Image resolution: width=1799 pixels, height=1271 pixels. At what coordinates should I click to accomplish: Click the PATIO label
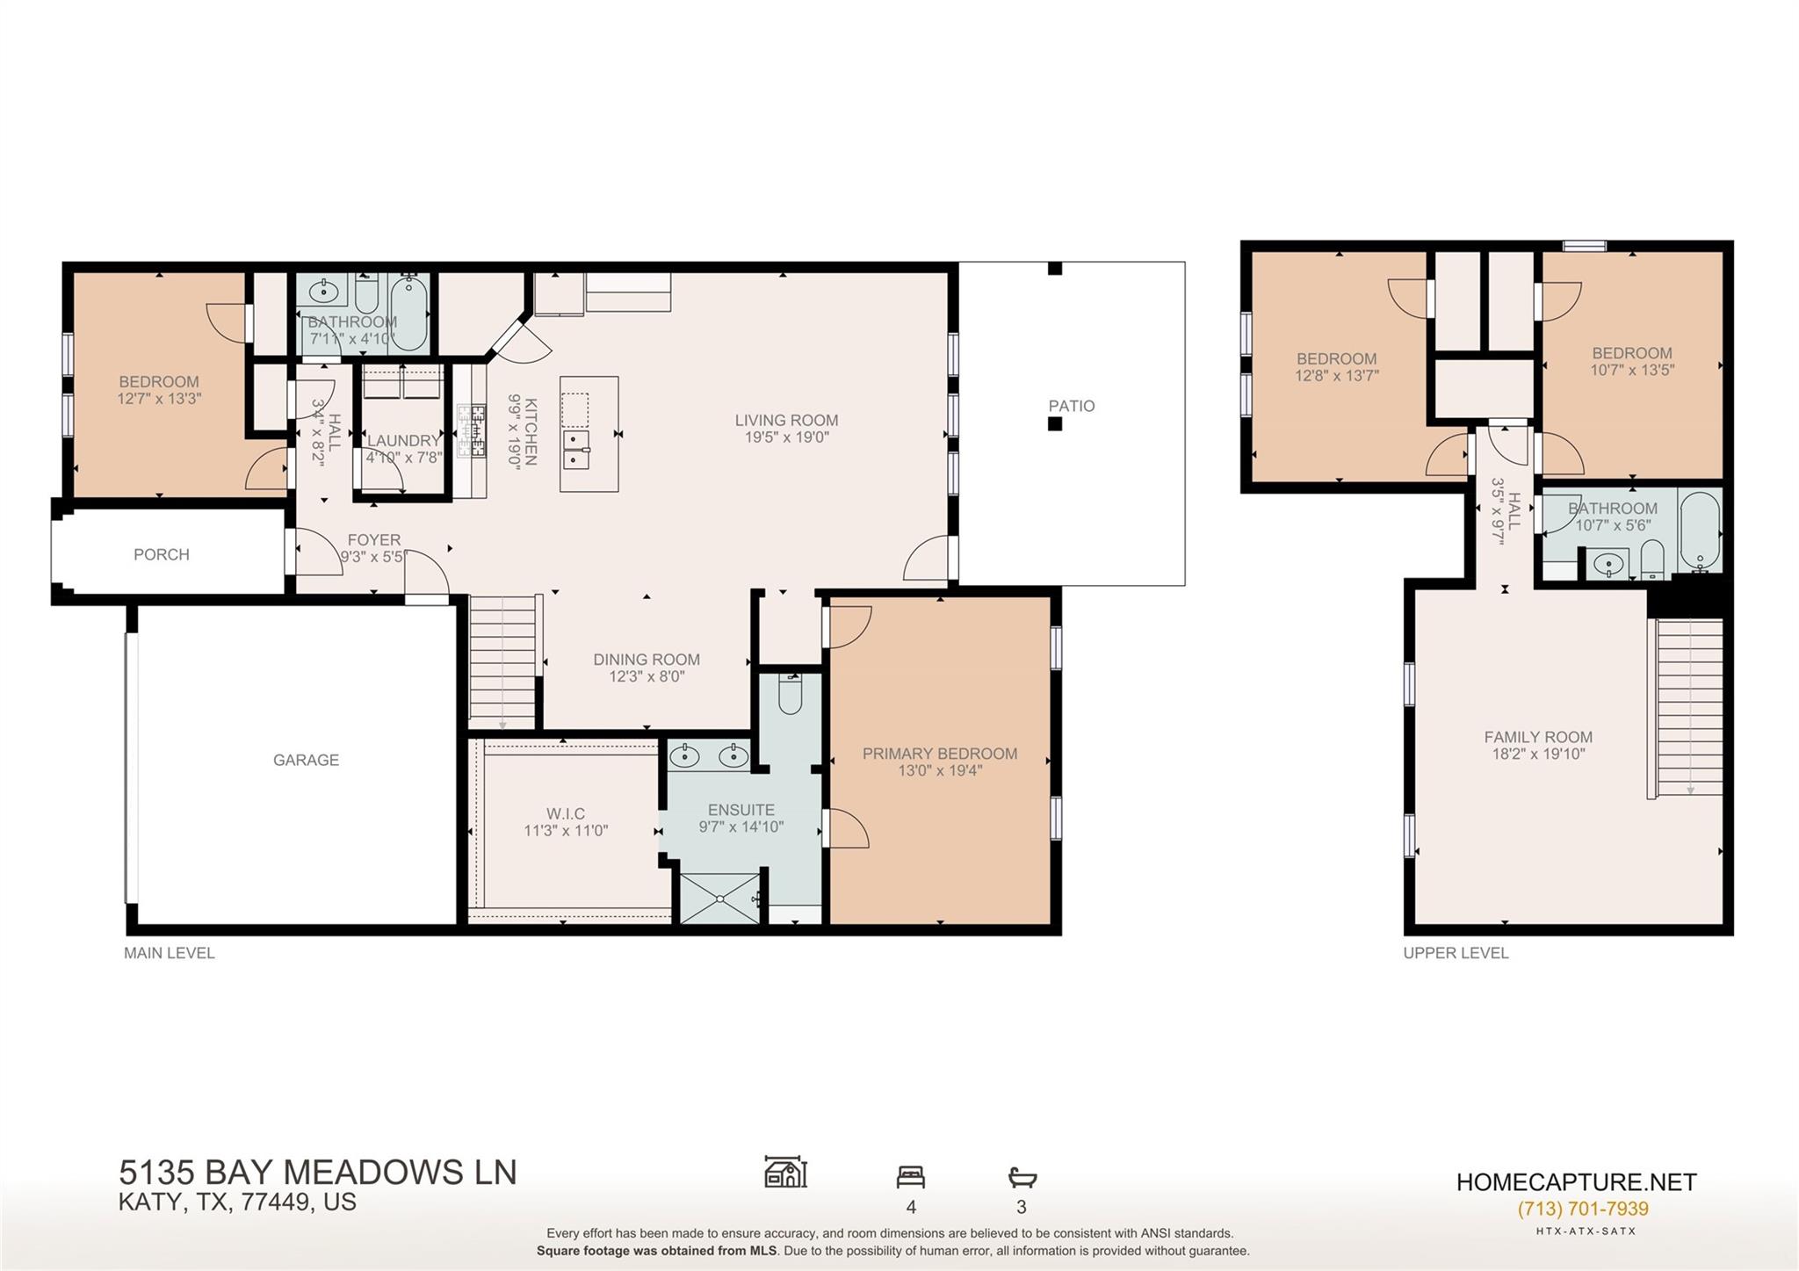(1071, 406)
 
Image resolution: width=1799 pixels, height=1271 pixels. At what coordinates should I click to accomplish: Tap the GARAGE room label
(306, 760)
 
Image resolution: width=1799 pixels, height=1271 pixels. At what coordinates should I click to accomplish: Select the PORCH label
(162, 554)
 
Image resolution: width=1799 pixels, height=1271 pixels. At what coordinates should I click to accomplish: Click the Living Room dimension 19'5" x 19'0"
(786, 437)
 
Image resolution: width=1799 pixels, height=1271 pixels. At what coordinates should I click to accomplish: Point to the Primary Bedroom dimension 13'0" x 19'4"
(939, 771)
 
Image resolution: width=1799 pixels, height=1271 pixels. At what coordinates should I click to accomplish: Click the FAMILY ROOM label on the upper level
(1537, 737)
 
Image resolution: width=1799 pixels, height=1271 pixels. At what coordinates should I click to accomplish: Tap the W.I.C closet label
(566, 813)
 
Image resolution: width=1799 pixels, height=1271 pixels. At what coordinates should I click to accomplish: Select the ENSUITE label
(741, 810)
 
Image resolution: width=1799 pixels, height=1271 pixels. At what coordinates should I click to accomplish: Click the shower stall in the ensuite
(720, 898)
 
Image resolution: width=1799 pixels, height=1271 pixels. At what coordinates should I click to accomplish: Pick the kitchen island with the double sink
(589, 434)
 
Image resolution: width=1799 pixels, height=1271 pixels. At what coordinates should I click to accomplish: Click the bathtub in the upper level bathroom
(1700, 530)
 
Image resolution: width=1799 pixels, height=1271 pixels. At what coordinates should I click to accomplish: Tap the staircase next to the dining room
(502, 659)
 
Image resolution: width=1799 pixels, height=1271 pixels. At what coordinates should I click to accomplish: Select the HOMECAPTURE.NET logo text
(1576, 1182)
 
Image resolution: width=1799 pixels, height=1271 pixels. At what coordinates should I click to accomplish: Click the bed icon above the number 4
(910, 1176)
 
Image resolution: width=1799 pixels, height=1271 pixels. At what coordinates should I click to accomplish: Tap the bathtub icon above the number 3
(1022, 1176)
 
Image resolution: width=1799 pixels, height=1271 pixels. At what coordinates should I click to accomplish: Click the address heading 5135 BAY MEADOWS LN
(318, 1172)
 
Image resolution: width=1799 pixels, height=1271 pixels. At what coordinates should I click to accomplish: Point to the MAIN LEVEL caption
(169, 953)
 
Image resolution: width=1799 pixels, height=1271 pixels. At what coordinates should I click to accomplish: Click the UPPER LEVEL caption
(1456, 953)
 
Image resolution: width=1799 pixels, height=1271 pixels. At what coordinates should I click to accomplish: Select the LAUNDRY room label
(403, 440)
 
